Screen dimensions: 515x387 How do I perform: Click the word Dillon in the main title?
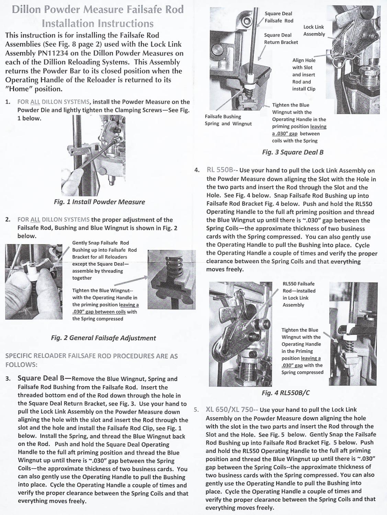click(x=27, y=9)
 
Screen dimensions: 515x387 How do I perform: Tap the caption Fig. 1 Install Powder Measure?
click(x=99, y=202)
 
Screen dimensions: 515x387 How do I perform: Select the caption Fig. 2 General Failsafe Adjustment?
click(x=103, y=338)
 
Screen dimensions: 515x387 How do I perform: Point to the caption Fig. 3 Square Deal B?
click(x=293, y=152)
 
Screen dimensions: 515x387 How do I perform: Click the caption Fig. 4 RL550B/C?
click(x=285, y=392)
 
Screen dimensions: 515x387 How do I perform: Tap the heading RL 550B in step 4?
click(x=220, y=170)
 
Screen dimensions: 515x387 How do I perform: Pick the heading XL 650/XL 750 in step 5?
click(x=230, y=410)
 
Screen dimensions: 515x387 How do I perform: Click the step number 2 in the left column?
click(x=8, y=220)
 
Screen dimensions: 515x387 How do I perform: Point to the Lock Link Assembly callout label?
click(x=314, y=31)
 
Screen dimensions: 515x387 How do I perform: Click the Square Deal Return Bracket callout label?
click(x=281, y=38)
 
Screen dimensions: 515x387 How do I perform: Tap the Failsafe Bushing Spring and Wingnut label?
click(x=228, y=120)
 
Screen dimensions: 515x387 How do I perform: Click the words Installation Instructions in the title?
click(x=98, y=23)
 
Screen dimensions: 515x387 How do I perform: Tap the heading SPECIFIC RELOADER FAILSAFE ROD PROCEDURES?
click(x=91, y=360)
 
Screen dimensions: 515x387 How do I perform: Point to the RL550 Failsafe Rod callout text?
click(x=298, y=294)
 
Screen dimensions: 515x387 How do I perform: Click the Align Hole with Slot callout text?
click(x=304, y=75)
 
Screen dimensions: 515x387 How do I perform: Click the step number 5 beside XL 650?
click(x=196, y=410)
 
